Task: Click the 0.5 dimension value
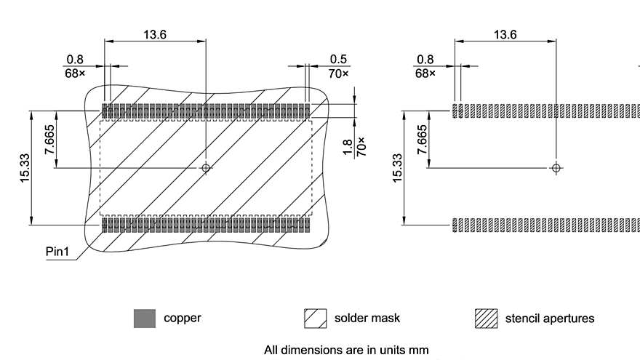[x=338, y=60]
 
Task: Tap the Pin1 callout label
[x=58, y=252]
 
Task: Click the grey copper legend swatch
[x=145, y=318]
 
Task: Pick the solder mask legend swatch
[x=315, y=318]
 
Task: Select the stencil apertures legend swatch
[x=485, y=318]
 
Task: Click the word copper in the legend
[x=183, y=318]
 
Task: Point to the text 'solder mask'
[x=367, y=318]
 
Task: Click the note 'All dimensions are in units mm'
[x=346, y=350]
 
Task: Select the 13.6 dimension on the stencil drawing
[x=505, y=34]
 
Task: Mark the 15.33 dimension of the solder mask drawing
[x=25, y=168]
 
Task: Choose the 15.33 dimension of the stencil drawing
[x=397, y=168]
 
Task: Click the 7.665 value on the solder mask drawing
[x=49, y=140]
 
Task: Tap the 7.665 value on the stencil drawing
[x=422, y=140]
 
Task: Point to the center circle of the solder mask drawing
[x=207, y=168]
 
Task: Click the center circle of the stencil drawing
[x=556, y=168]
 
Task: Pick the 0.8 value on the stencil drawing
[x=425, y=60]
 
